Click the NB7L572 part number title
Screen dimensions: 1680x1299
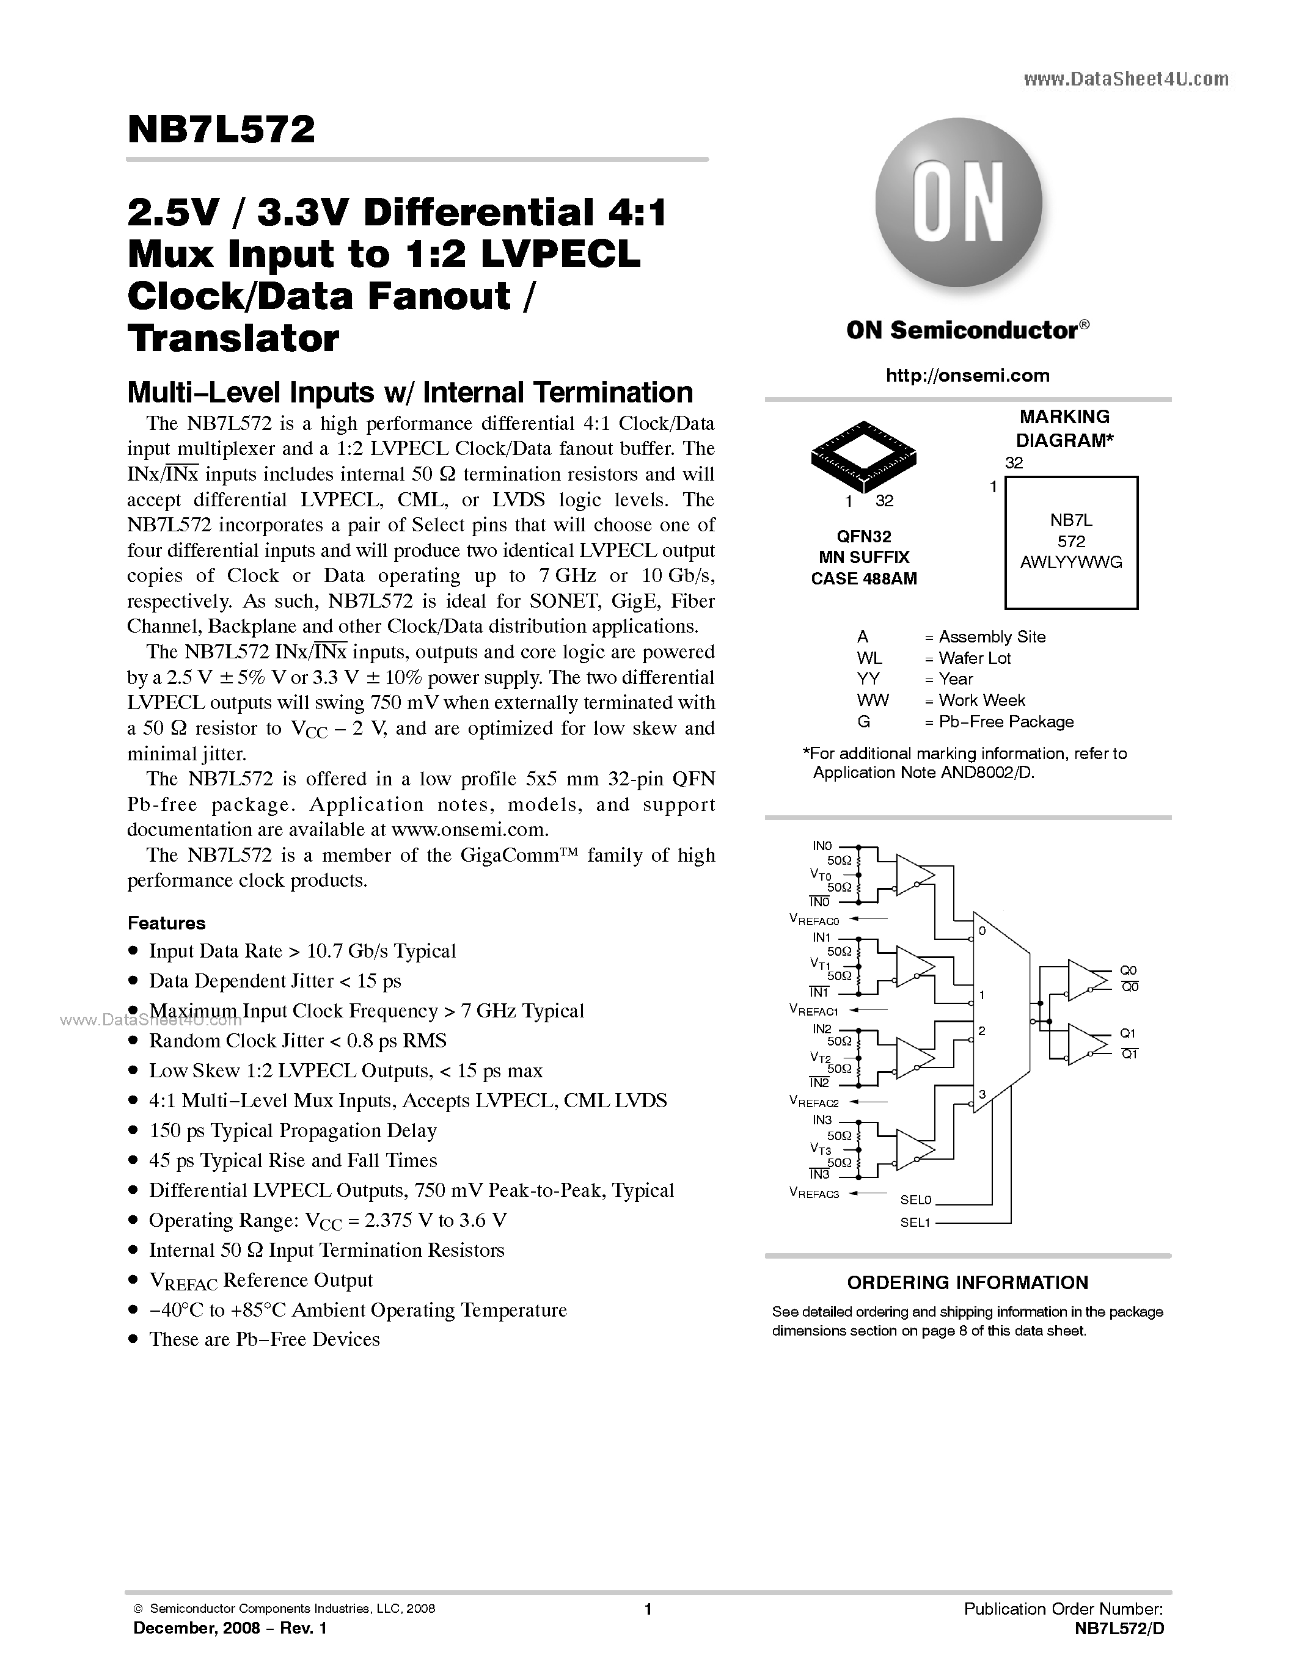222,131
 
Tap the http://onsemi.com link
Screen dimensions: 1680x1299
967,376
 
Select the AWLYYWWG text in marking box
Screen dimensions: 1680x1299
1070,562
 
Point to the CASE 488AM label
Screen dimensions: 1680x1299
863,578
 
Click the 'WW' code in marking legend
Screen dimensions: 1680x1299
872,700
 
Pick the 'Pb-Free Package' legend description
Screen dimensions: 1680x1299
1006,722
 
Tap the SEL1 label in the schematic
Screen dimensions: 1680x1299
915,1223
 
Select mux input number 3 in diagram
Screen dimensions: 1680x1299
982,1094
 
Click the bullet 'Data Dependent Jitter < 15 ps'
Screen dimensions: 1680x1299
275,981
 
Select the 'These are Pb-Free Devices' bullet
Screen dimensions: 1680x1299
264,1339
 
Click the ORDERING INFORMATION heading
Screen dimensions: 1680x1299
967,1283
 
